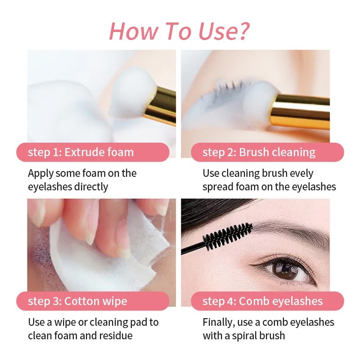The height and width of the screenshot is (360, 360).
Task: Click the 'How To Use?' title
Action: [179, 31]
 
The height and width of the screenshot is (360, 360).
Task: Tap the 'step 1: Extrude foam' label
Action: [81, 152]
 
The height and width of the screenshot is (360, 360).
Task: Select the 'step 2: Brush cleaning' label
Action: [259, 152]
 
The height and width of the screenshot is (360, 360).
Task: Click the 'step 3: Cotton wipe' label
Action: [77, 301]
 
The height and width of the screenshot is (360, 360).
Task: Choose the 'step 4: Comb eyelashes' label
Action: [262, 301]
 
